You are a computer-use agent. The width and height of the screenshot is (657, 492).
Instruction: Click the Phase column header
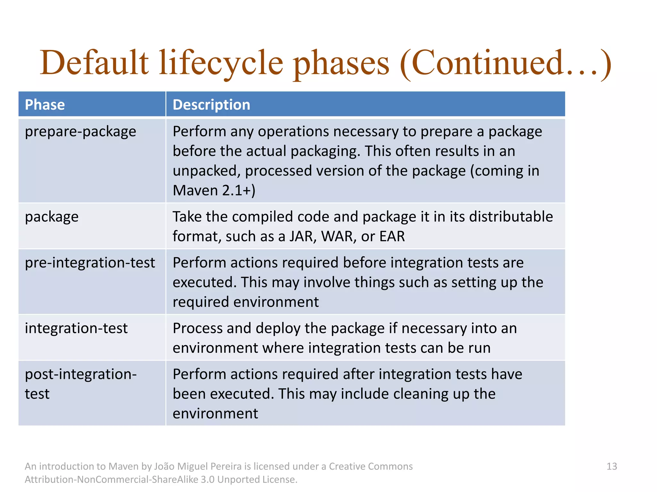(45, 105)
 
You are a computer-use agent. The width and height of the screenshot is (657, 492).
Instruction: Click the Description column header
(211, 105)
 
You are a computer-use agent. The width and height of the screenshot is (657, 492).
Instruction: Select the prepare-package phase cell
(81, 132)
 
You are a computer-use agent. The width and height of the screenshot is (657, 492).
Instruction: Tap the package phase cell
(52, 217)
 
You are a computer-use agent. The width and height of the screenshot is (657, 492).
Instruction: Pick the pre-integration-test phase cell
(90, 263)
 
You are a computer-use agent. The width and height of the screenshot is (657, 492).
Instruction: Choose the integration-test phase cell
(76, 328)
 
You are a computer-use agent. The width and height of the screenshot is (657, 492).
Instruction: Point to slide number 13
(611, 466)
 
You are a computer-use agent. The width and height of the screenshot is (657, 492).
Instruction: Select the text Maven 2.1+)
(214, 191)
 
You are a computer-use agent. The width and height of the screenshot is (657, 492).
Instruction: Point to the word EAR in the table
(392, 236)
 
